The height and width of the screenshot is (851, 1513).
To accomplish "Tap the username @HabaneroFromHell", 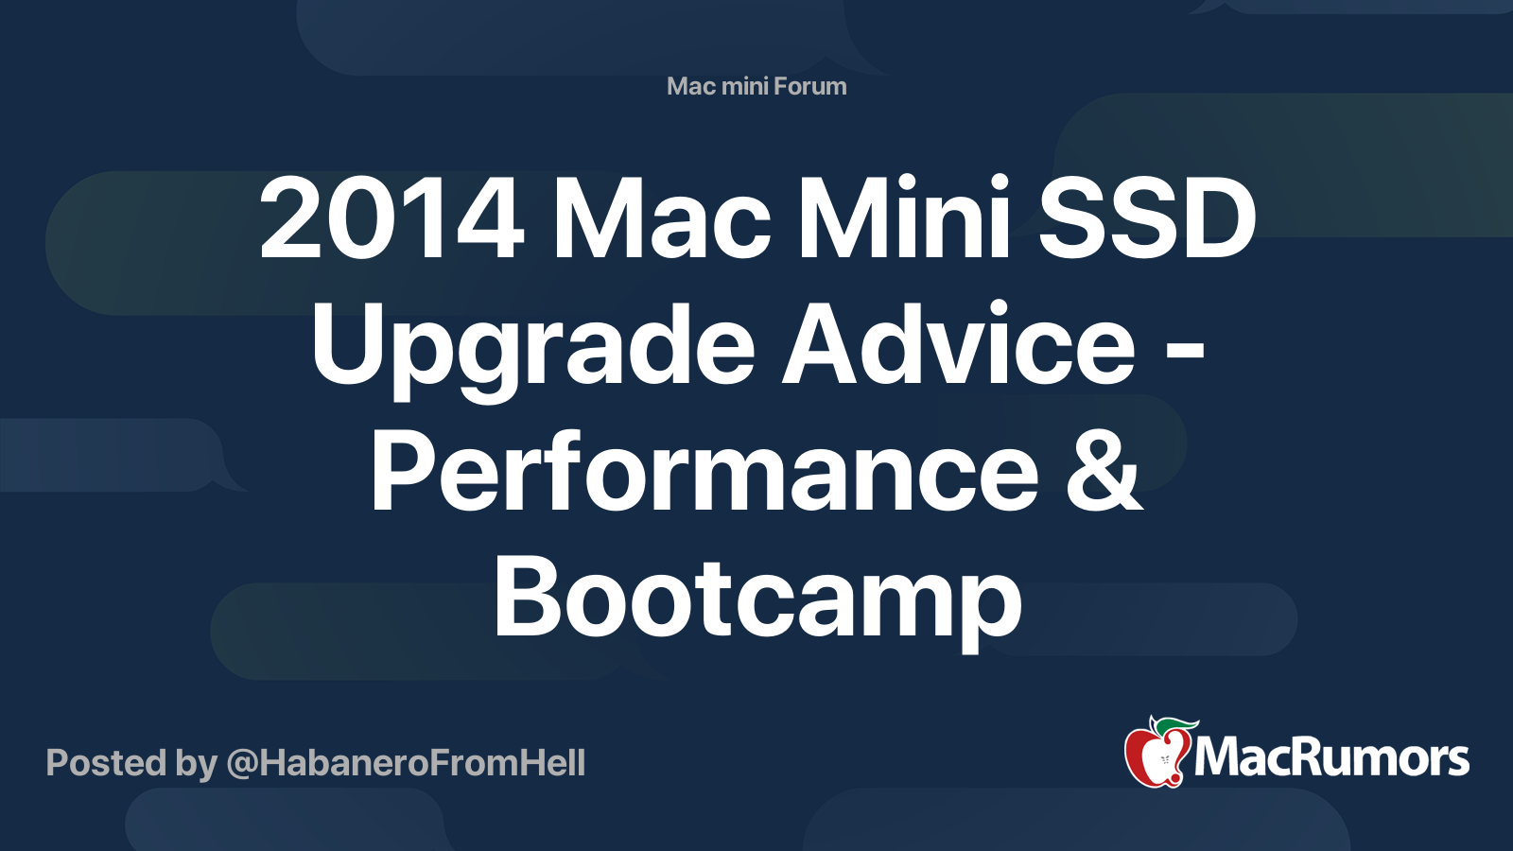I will pyautogui.click(x=406, y=763).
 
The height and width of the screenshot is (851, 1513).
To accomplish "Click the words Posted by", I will pyautogui.click(x=131, y=763).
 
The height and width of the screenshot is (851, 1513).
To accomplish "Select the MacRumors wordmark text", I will pyautogui.click(x=1331, y=758).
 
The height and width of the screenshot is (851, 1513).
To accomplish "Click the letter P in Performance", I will pyautogui.click(x=400, y=473).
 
